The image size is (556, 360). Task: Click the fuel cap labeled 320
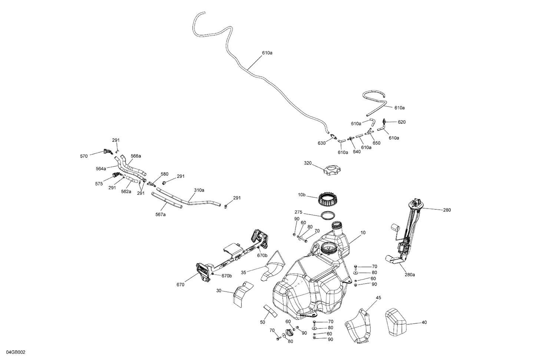[332, 171]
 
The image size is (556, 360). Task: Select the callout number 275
[298, 212]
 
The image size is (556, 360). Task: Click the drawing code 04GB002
[16, 352]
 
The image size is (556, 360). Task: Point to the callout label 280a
[410, 275]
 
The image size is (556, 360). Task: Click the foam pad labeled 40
[396, 322]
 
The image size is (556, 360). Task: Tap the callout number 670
[181, 285]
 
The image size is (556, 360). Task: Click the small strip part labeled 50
[270, 311]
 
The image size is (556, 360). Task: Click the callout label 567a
[160, 214]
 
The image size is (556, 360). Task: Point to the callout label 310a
[199, 190]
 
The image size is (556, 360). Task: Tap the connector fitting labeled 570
[108, 151]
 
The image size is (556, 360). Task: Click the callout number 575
[99, 184]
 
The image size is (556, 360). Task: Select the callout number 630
[321, 143]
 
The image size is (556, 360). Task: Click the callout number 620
[402, 122]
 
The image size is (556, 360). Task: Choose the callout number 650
[376, 143]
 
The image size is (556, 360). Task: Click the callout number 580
[164, 174]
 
